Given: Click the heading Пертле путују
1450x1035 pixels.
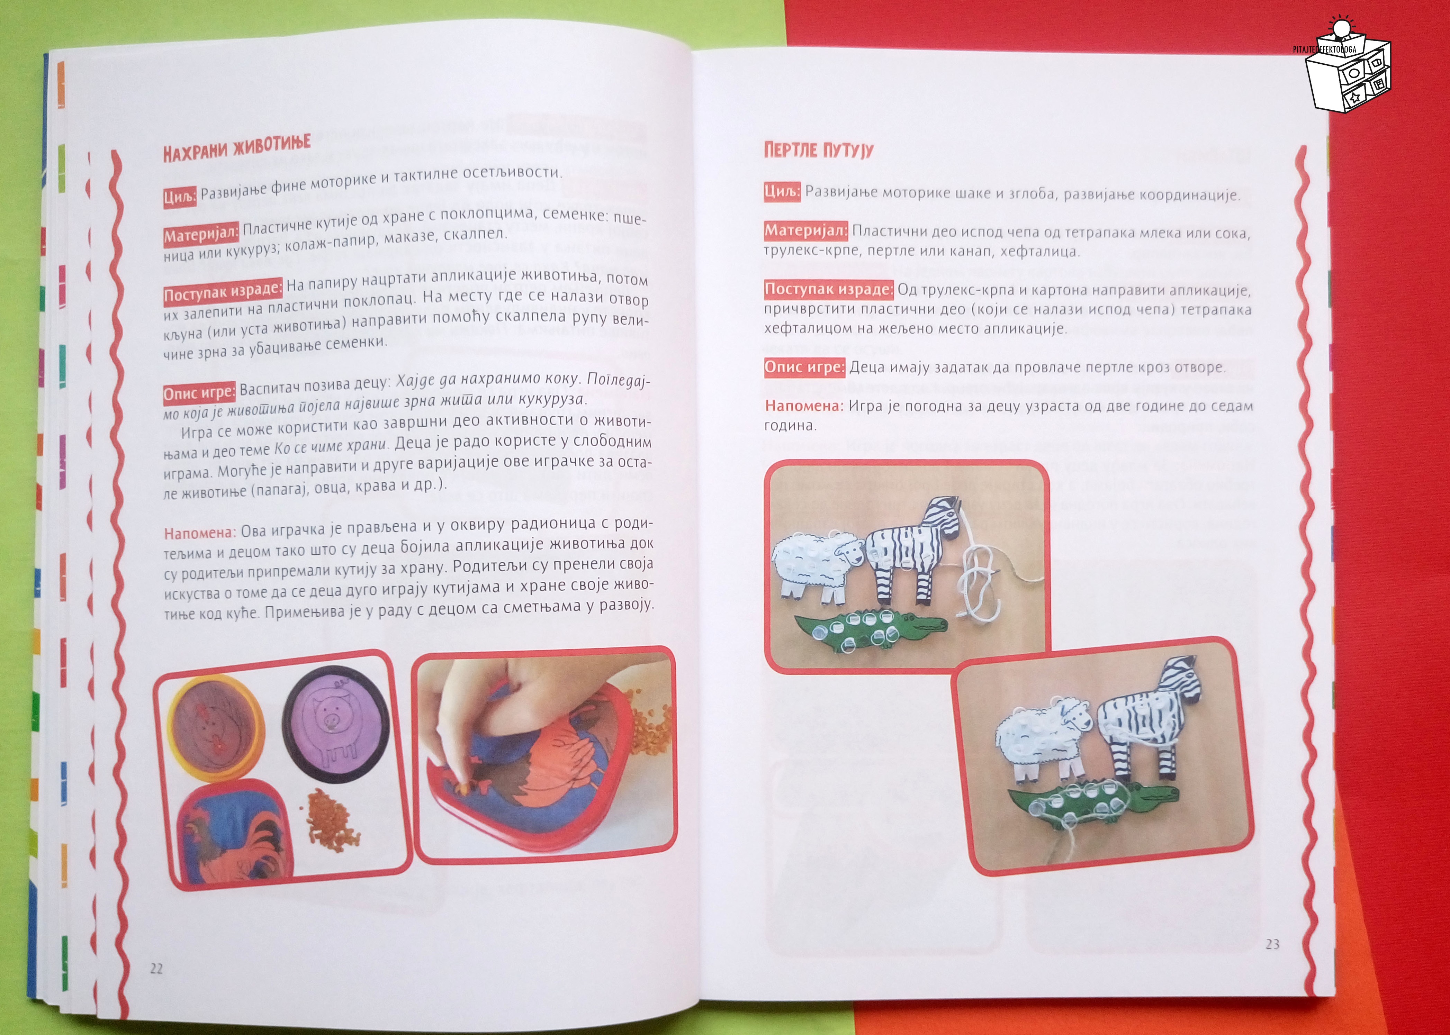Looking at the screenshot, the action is tap(818, 151).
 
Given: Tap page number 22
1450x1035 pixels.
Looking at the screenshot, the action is tap(156, 969).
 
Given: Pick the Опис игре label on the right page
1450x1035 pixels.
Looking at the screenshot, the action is tap(804, 367).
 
